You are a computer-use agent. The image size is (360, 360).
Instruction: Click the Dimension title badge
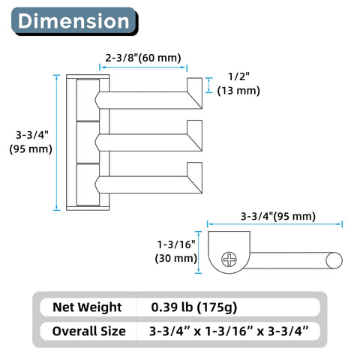point(74,21)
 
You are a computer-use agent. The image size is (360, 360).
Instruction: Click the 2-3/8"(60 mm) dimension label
point(143,58)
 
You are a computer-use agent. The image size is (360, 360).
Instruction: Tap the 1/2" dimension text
point(238,76)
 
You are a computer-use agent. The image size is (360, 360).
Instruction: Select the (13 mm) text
point(238,91)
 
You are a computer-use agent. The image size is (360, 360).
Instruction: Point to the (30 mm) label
point(176,258)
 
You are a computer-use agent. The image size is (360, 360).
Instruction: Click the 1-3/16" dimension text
point(176,244)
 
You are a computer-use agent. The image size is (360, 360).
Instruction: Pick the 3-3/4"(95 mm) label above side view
point(278,216)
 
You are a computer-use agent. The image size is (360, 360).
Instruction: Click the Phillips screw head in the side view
point(229,259)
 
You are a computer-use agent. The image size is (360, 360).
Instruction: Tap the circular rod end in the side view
point(334,260)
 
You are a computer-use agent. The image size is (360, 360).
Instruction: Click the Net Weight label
point(87,307)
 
